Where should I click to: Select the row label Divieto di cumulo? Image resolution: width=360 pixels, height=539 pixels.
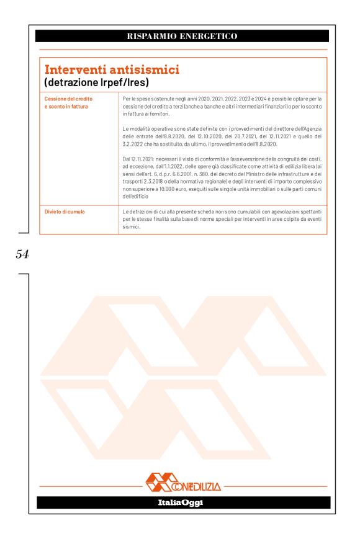[65, 212]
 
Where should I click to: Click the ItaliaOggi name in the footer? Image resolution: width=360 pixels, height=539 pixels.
[180, 502]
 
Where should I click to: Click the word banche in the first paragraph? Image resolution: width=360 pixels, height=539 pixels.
[217, 107]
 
